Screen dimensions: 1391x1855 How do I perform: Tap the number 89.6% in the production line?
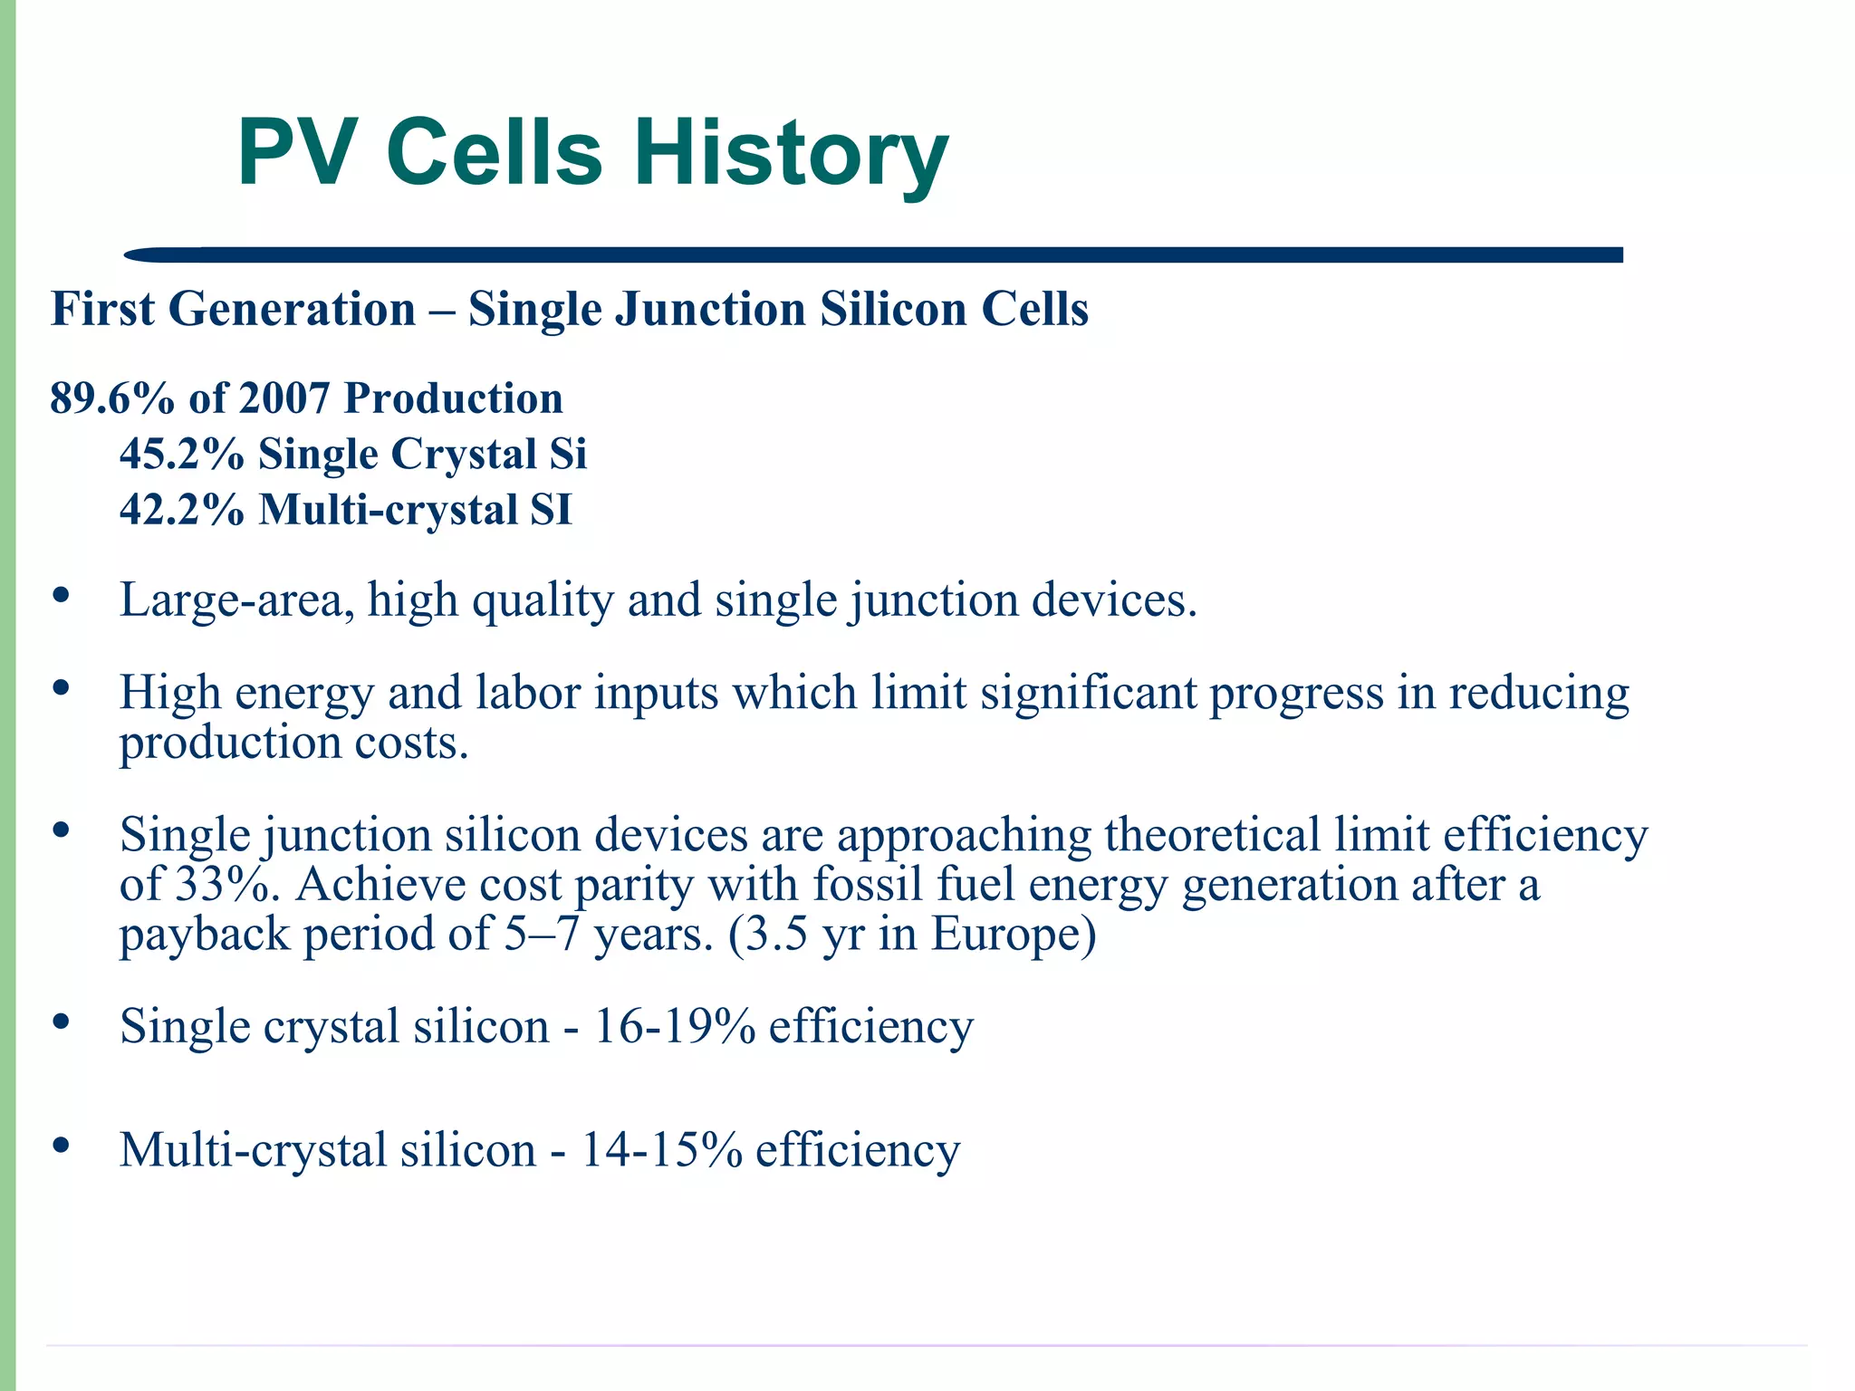[111, 398]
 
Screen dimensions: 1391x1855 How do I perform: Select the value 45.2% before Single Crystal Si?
[181, 454]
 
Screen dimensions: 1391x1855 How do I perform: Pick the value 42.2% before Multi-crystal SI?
[181, 510]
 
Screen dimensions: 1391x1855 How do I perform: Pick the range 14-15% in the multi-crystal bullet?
[660, 1150]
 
